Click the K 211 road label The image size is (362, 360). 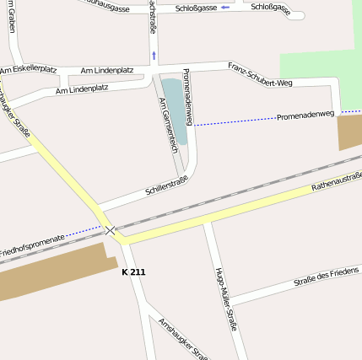click(133, 272)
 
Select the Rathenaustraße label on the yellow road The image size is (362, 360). click(336, 180)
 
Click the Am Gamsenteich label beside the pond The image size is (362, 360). click(169, 124)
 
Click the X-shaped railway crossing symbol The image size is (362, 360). click(111, 229)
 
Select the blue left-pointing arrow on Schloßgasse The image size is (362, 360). click(225, 8)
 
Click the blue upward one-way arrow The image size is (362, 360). click(154, 56)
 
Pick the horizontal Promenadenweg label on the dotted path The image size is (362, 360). click(305, 115)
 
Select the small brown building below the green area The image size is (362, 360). click(349, 132)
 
